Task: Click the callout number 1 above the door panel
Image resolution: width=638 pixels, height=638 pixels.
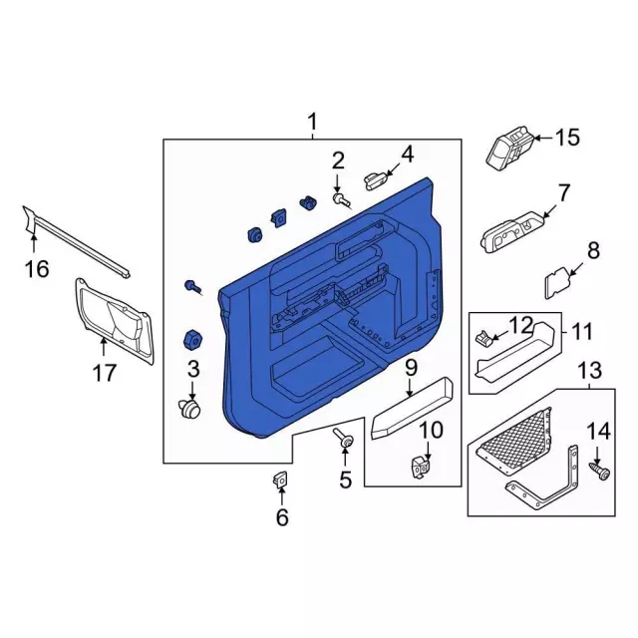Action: [x=312, y=122]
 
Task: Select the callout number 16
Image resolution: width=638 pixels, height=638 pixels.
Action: [x=37, y=269]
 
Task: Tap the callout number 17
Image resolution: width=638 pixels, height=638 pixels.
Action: [x=105, y=373]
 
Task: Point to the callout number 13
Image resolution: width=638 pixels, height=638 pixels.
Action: [x=590, y=371]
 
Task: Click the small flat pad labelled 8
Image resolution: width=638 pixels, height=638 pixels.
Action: [x=558, y=282]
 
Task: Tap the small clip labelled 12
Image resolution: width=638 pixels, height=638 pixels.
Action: [x=482, y=336]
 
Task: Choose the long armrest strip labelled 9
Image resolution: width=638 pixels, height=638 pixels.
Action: [x=412, y=409]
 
